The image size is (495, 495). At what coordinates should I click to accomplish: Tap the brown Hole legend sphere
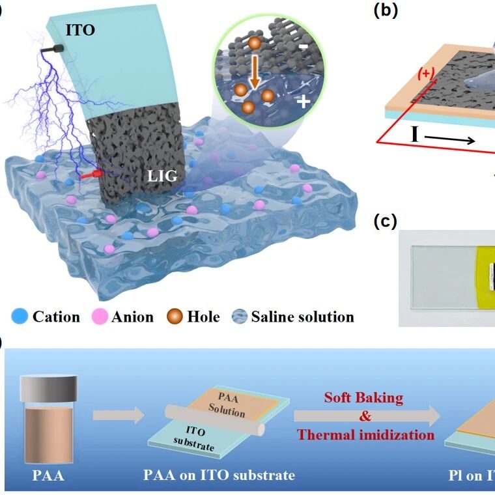(175, 317)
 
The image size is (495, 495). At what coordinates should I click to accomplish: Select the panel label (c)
(386, 221)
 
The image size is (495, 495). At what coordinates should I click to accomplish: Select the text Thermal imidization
(365, 434)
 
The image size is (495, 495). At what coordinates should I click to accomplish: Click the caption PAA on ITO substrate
(219, 475)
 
